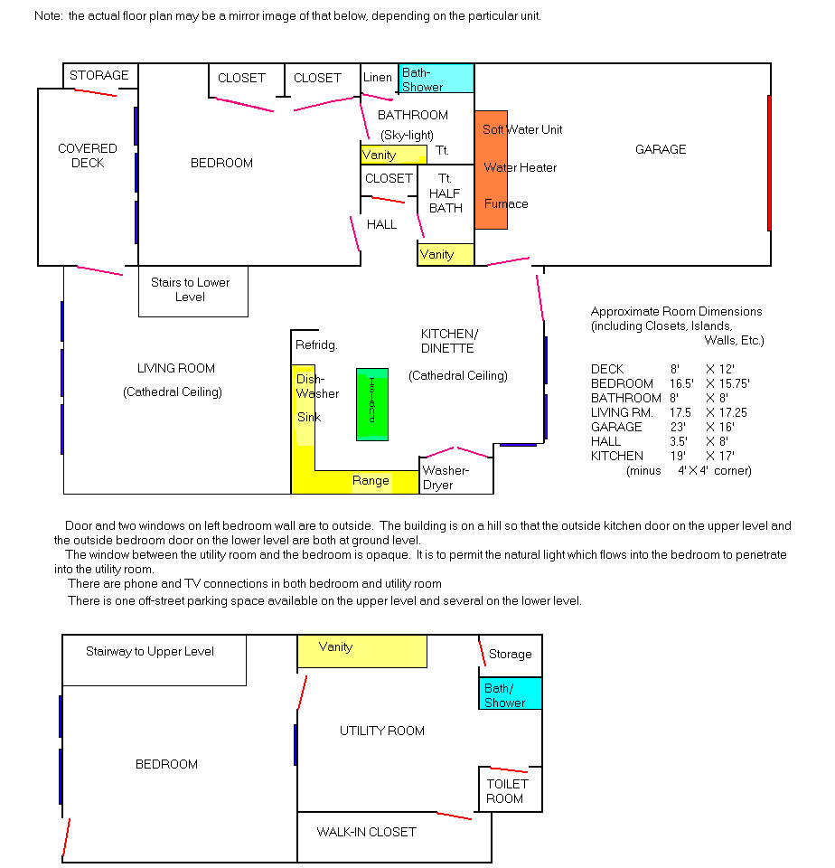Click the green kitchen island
[x=371, y=404]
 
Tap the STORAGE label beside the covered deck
[x=99, y=75]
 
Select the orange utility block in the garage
[x=491, y=170]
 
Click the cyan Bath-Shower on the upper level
[x=436, y=78]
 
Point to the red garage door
[x=769, y=163]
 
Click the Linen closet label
[x=378, y=78]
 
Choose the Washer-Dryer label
[x=446, y=477]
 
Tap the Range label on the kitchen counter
[x=371, y=480]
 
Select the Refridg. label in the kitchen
[x=316, y=344]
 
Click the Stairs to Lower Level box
[x=193, y=291]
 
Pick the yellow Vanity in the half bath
[x=446, y=255]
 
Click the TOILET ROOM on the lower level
[x=511, y=789]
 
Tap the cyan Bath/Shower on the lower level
[x=511, y=693]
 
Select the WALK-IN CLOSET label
[x=366, y=832]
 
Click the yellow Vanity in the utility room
[x=361, y=651]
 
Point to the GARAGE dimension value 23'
[x=678, y=427]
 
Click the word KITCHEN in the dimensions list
[x=617, y=456]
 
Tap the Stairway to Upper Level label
[x=150, y=652]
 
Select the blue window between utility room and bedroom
[x=296, y=744]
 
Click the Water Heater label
[x=521, y=168]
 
